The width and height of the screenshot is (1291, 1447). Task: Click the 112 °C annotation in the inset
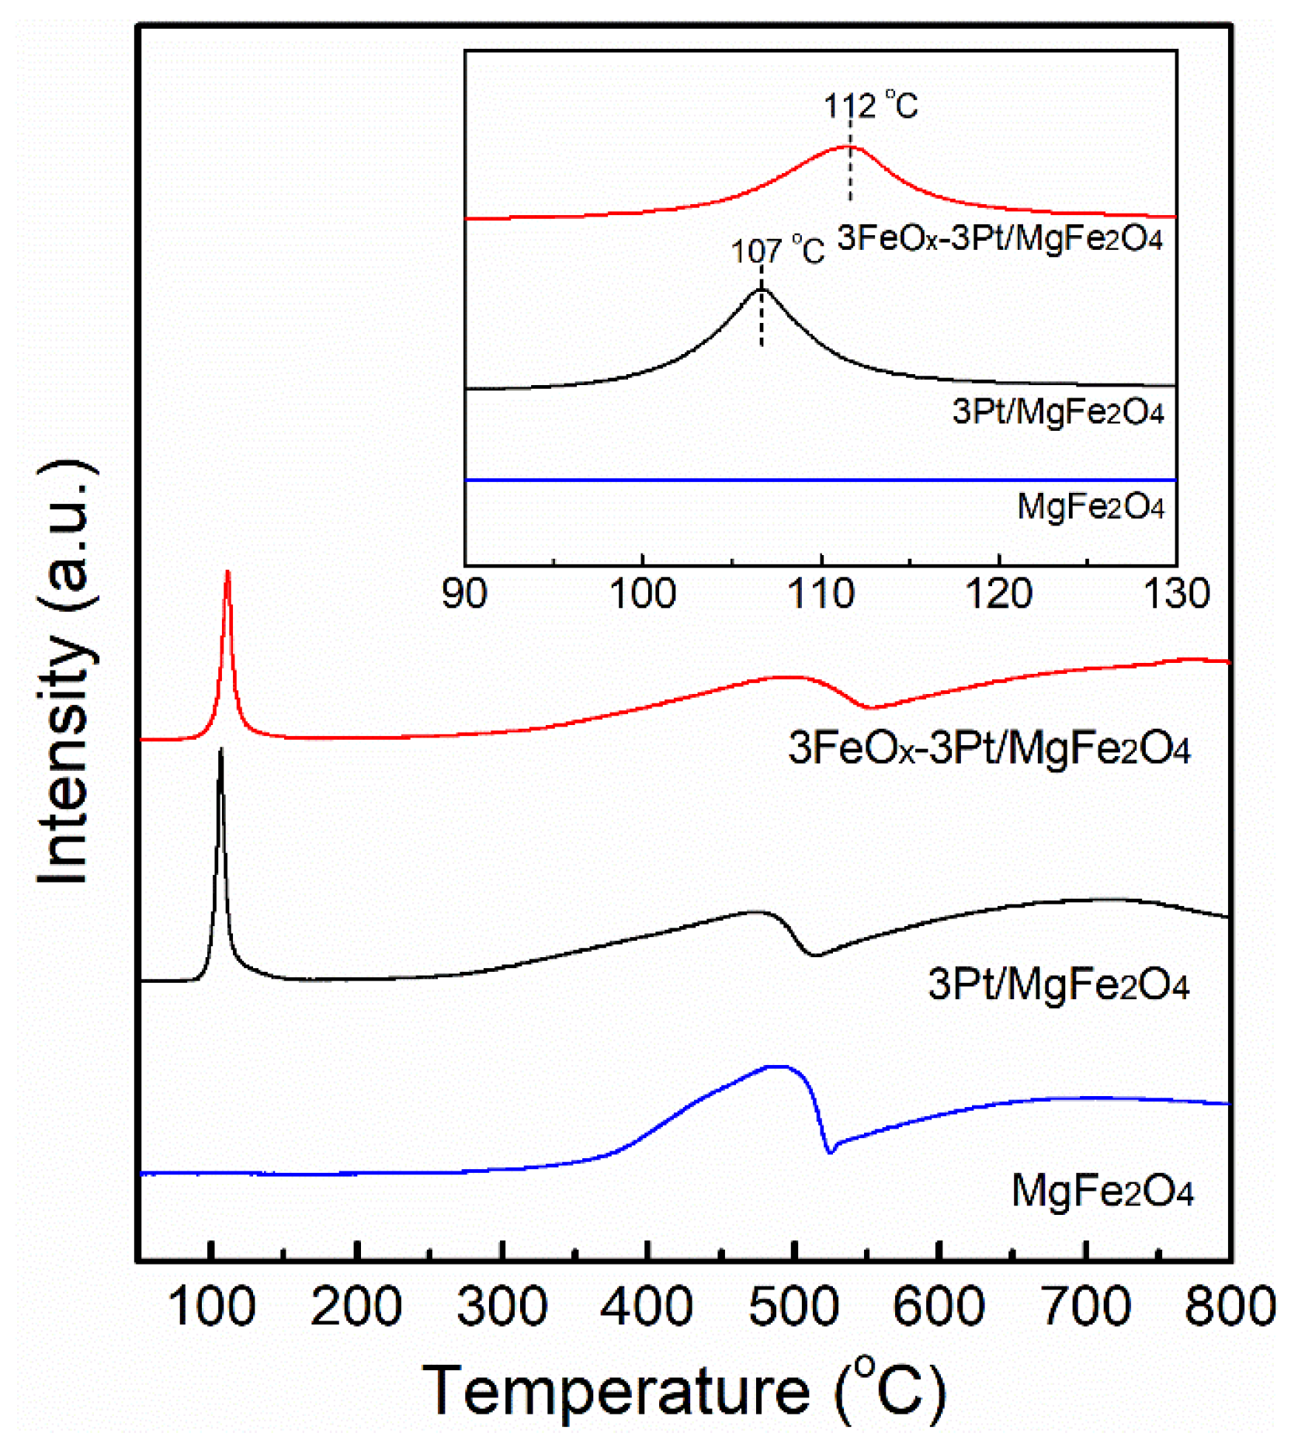pyautogui.click(x=870, y=105)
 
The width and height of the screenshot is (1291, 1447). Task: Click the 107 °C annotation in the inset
pyautogui.click(x=777, y=250)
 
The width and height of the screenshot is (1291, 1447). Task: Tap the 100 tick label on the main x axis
pyautogui.click(x=211, y=1306)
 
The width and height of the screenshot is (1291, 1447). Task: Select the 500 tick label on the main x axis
pyautogui.click(x=793, y=1306)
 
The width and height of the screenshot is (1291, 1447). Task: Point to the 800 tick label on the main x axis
pyautogui.click(x=1230, y=1306)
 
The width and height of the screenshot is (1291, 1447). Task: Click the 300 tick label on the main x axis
pyautogui.click(x=502, y=1306)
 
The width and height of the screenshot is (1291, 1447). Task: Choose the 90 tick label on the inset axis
pyautogui.click(x=464, y=594)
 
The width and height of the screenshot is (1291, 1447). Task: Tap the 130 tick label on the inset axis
pyautogui.click(x=1176, y=594)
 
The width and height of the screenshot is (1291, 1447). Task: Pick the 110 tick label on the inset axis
pyautogui.click(x=821, y=594)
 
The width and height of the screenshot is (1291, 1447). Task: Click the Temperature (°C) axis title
pyautogui.click(x=683, y=1391)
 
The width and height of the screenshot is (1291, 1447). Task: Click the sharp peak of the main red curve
pyautogui.click(x=227, y=573)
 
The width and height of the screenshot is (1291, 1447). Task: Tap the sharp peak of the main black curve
pyautogui.click(x=221, y=749)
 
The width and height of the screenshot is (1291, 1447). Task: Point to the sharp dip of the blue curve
pyautogui.click(x=830, y=1152)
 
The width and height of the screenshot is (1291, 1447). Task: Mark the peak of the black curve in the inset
pyautogui.click(x=761, y=289)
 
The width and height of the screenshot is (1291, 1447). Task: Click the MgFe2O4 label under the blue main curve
pyautogui.click(x=1102, y=1191)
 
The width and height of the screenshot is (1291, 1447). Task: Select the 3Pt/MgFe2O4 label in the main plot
pyautogui.click(x=1058, y=984)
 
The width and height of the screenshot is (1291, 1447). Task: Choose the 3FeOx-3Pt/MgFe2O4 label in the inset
pyautogui.click(x=1000, y=238)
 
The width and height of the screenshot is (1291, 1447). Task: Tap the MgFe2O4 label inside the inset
pyautogui.click(x=1091, y=507)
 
